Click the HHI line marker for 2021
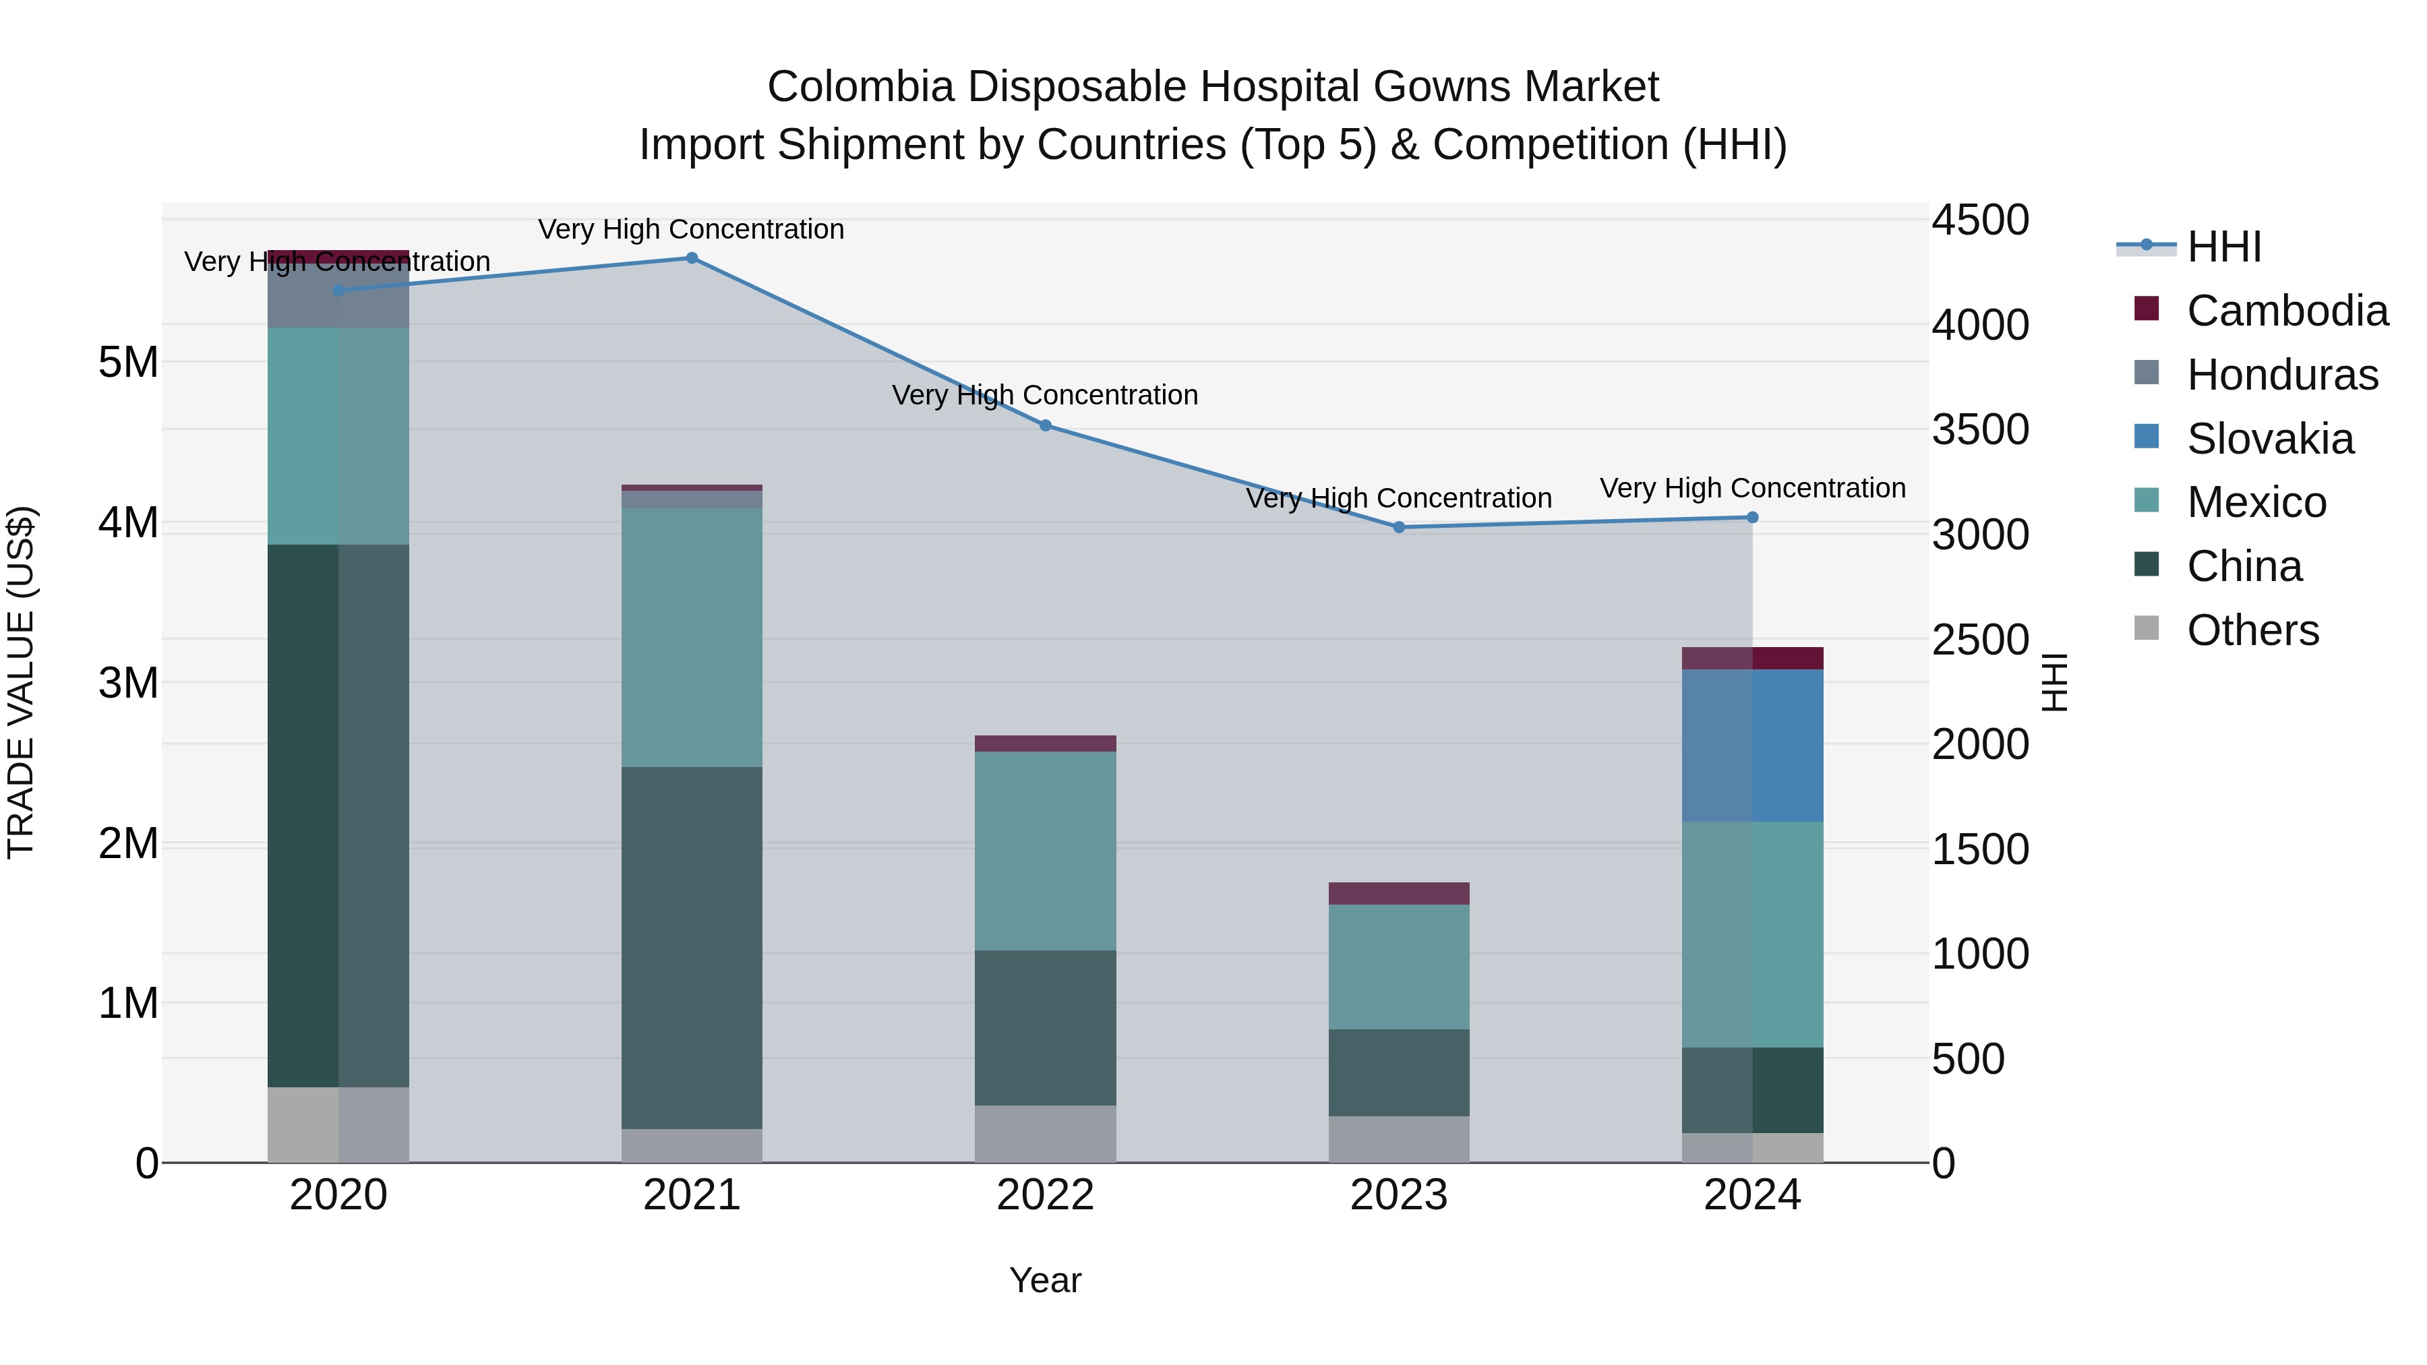692,258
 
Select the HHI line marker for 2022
1045,426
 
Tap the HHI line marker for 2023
1398,528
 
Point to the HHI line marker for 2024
1752,517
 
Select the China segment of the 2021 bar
692,947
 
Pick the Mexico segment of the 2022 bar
1045,851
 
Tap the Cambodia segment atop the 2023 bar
1398,893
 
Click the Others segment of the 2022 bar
1045,1133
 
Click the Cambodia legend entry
2287,311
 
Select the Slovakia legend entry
2270,439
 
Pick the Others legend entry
2252,630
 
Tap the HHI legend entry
2223,247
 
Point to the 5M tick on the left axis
128,362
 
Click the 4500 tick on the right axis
1979,220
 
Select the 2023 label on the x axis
1398,1195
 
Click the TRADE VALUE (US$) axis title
21,682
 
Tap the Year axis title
1045,1280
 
